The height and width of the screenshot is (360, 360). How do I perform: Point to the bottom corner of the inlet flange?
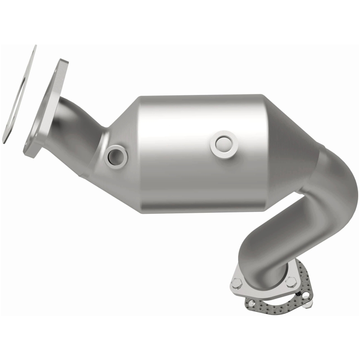30,153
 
